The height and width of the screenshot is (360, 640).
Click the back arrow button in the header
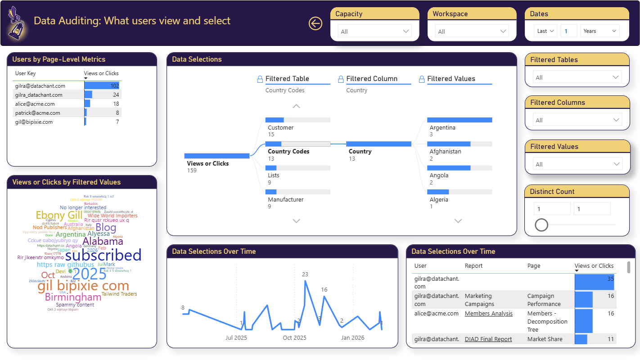315,23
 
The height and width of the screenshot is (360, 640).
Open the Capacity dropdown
374,31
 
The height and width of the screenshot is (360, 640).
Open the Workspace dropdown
472,31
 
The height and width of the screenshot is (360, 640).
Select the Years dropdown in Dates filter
599,31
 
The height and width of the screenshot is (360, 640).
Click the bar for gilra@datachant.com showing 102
102,85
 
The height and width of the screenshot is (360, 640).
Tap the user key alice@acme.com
35,104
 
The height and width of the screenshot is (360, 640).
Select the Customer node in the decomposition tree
280,127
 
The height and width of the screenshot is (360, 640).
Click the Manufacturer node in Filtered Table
285,199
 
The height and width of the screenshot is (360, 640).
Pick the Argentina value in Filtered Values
442,127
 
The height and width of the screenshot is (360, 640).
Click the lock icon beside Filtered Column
341,79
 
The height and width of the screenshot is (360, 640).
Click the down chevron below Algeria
458,221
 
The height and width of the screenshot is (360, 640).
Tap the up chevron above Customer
296,107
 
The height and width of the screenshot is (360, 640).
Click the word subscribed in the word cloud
104,255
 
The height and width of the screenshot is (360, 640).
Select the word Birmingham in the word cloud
73,297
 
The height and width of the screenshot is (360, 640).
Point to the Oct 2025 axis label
294,337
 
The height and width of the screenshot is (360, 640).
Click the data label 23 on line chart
305,274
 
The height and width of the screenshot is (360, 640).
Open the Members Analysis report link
488,314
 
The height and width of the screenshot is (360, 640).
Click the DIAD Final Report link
488,339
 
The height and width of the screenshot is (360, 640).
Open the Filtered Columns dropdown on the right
577,120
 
